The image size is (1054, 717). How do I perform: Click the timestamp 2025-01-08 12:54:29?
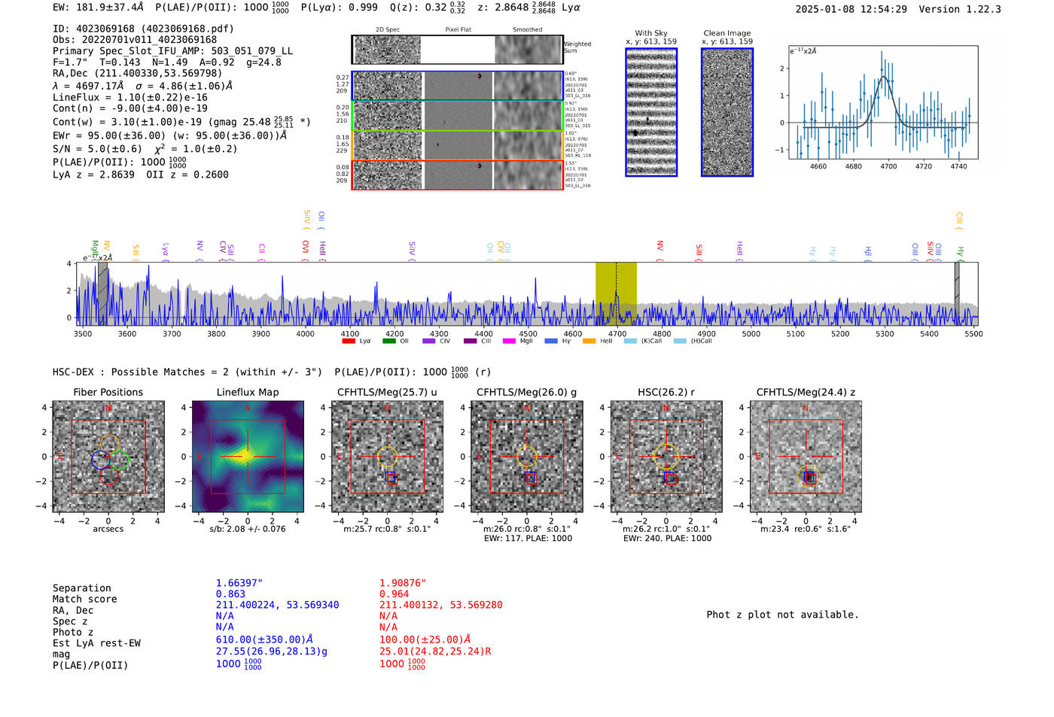(x=851, y=9)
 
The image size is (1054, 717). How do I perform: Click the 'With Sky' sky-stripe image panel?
(x=651, y=112)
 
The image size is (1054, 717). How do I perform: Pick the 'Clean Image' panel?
(x=727, y=112)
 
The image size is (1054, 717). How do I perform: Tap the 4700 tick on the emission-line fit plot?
(x=888, y=166)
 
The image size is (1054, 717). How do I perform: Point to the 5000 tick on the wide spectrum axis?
(x=751, y=333)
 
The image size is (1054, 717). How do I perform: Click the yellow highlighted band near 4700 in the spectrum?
(x=616, y=293)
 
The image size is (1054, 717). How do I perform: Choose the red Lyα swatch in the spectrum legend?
(x=349, y=341)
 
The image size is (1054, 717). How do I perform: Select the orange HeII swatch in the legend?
(x=589, y=341)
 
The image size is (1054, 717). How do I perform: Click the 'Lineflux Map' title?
(x=248, y=392)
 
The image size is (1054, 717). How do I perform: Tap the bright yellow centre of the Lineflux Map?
(x=248, y=455)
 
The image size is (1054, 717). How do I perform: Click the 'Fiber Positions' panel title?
(x=108, y=392)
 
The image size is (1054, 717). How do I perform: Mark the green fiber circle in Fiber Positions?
(x=119, y=460)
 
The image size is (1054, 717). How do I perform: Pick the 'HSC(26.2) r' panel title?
(x=666, y=392)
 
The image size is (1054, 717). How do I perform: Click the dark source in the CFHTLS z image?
(x=809, y=477)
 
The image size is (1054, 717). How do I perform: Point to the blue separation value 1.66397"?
(x=239, y=583)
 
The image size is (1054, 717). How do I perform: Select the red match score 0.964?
(x=394, y=594)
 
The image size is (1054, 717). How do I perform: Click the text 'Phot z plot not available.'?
(x=782, y=615)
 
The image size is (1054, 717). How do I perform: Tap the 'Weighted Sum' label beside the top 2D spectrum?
(x=577, y=47)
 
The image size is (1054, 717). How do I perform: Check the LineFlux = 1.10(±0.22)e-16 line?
(x=130, y=97)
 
